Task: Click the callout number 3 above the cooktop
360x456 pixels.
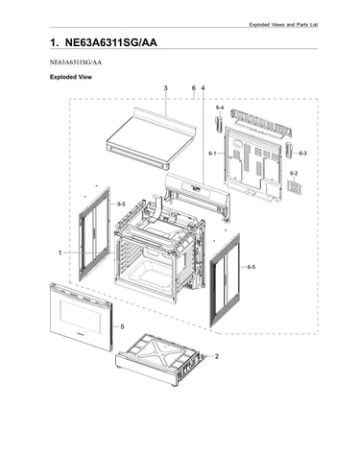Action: pyautogui.click(x=166, y=88)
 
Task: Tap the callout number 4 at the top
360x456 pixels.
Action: pyautogui.click(x=203, y=88)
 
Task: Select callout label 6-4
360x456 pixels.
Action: pyautogui.click(x=220, y=108)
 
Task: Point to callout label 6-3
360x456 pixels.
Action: pyautogui.click(x=302, y=154)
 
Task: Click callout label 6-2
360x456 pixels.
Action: pyautogui.click(x=294, y=174)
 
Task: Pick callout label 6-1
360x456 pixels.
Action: pyautogui.click(x=212, y=154)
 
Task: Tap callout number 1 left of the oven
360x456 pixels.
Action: pyautogui.click(x=60, y=252)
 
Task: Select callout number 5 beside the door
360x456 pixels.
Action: pyautogui.click(x=122, y=326)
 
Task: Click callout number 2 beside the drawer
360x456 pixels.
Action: pyautogui.click(x=217, y=356)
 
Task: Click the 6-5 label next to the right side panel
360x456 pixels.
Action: pyautogui.click(x=252, y=267)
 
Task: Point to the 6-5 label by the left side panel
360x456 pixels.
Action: pyautogui.click(x=121, y=204)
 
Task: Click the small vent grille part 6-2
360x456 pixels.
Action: pyautogui.click(x=295, y=187)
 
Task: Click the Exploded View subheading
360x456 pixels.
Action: pyautogui.click(x=71, y=77)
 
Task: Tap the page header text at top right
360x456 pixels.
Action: pyautogui.click(x=283, y=25)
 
